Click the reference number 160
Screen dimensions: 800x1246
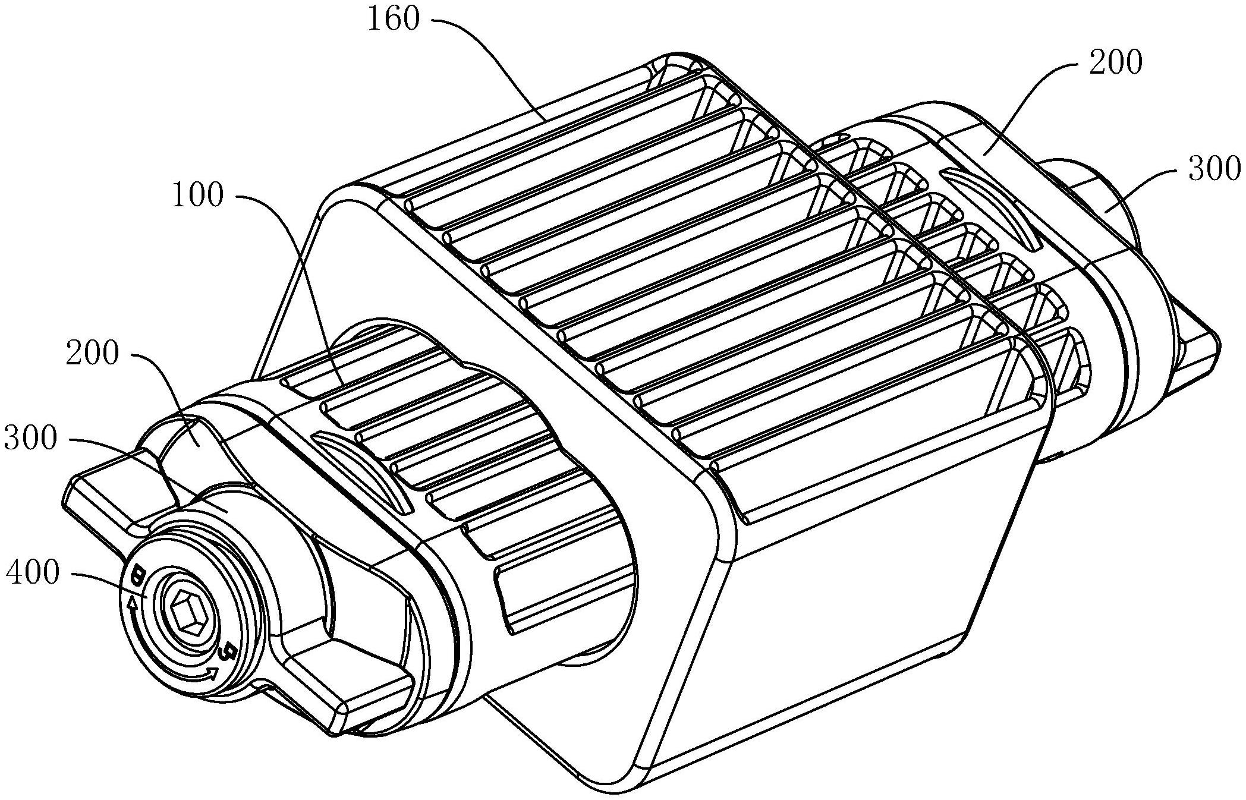pyautogui.click(x=393, y=19)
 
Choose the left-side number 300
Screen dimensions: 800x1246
pyautogui.click(x=30, y=439)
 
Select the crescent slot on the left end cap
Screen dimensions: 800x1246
pyautogui.click(x=363, y=470)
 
